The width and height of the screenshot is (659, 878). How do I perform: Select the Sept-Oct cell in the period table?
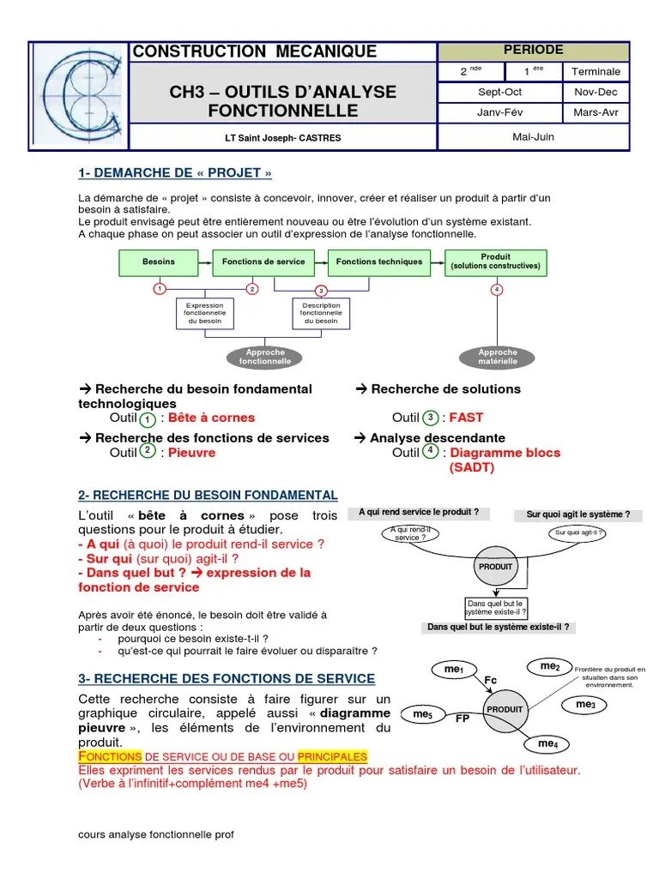(499, 92)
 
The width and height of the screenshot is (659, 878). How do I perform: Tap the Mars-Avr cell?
(596, 112)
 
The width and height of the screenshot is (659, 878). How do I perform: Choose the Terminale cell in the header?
(596, 71)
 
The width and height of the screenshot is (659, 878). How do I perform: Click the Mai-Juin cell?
(533, 135)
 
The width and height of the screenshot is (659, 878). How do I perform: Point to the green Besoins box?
(159, 262)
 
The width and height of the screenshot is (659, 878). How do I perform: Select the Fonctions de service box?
(263, 262)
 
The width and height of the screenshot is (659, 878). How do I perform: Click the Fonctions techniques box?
(378, 262)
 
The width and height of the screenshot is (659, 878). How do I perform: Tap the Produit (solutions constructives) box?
(496, 262)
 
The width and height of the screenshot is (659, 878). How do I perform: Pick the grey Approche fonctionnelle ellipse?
(265, 357)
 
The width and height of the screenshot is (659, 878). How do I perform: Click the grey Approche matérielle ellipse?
(498, 357)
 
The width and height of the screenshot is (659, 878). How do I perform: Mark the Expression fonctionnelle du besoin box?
(205, 313)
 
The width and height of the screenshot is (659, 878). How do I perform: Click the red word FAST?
(466, 418)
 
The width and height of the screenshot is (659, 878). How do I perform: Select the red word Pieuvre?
(191, 453)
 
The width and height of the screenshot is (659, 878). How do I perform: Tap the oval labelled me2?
(550, 666)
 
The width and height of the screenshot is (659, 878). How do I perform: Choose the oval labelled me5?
(424, 713)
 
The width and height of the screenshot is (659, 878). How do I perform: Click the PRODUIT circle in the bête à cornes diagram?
(495, 567)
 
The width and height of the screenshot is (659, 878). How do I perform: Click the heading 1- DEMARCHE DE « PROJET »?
(175, 173)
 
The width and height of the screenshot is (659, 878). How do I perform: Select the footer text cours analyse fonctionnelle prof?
(155, 834)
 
